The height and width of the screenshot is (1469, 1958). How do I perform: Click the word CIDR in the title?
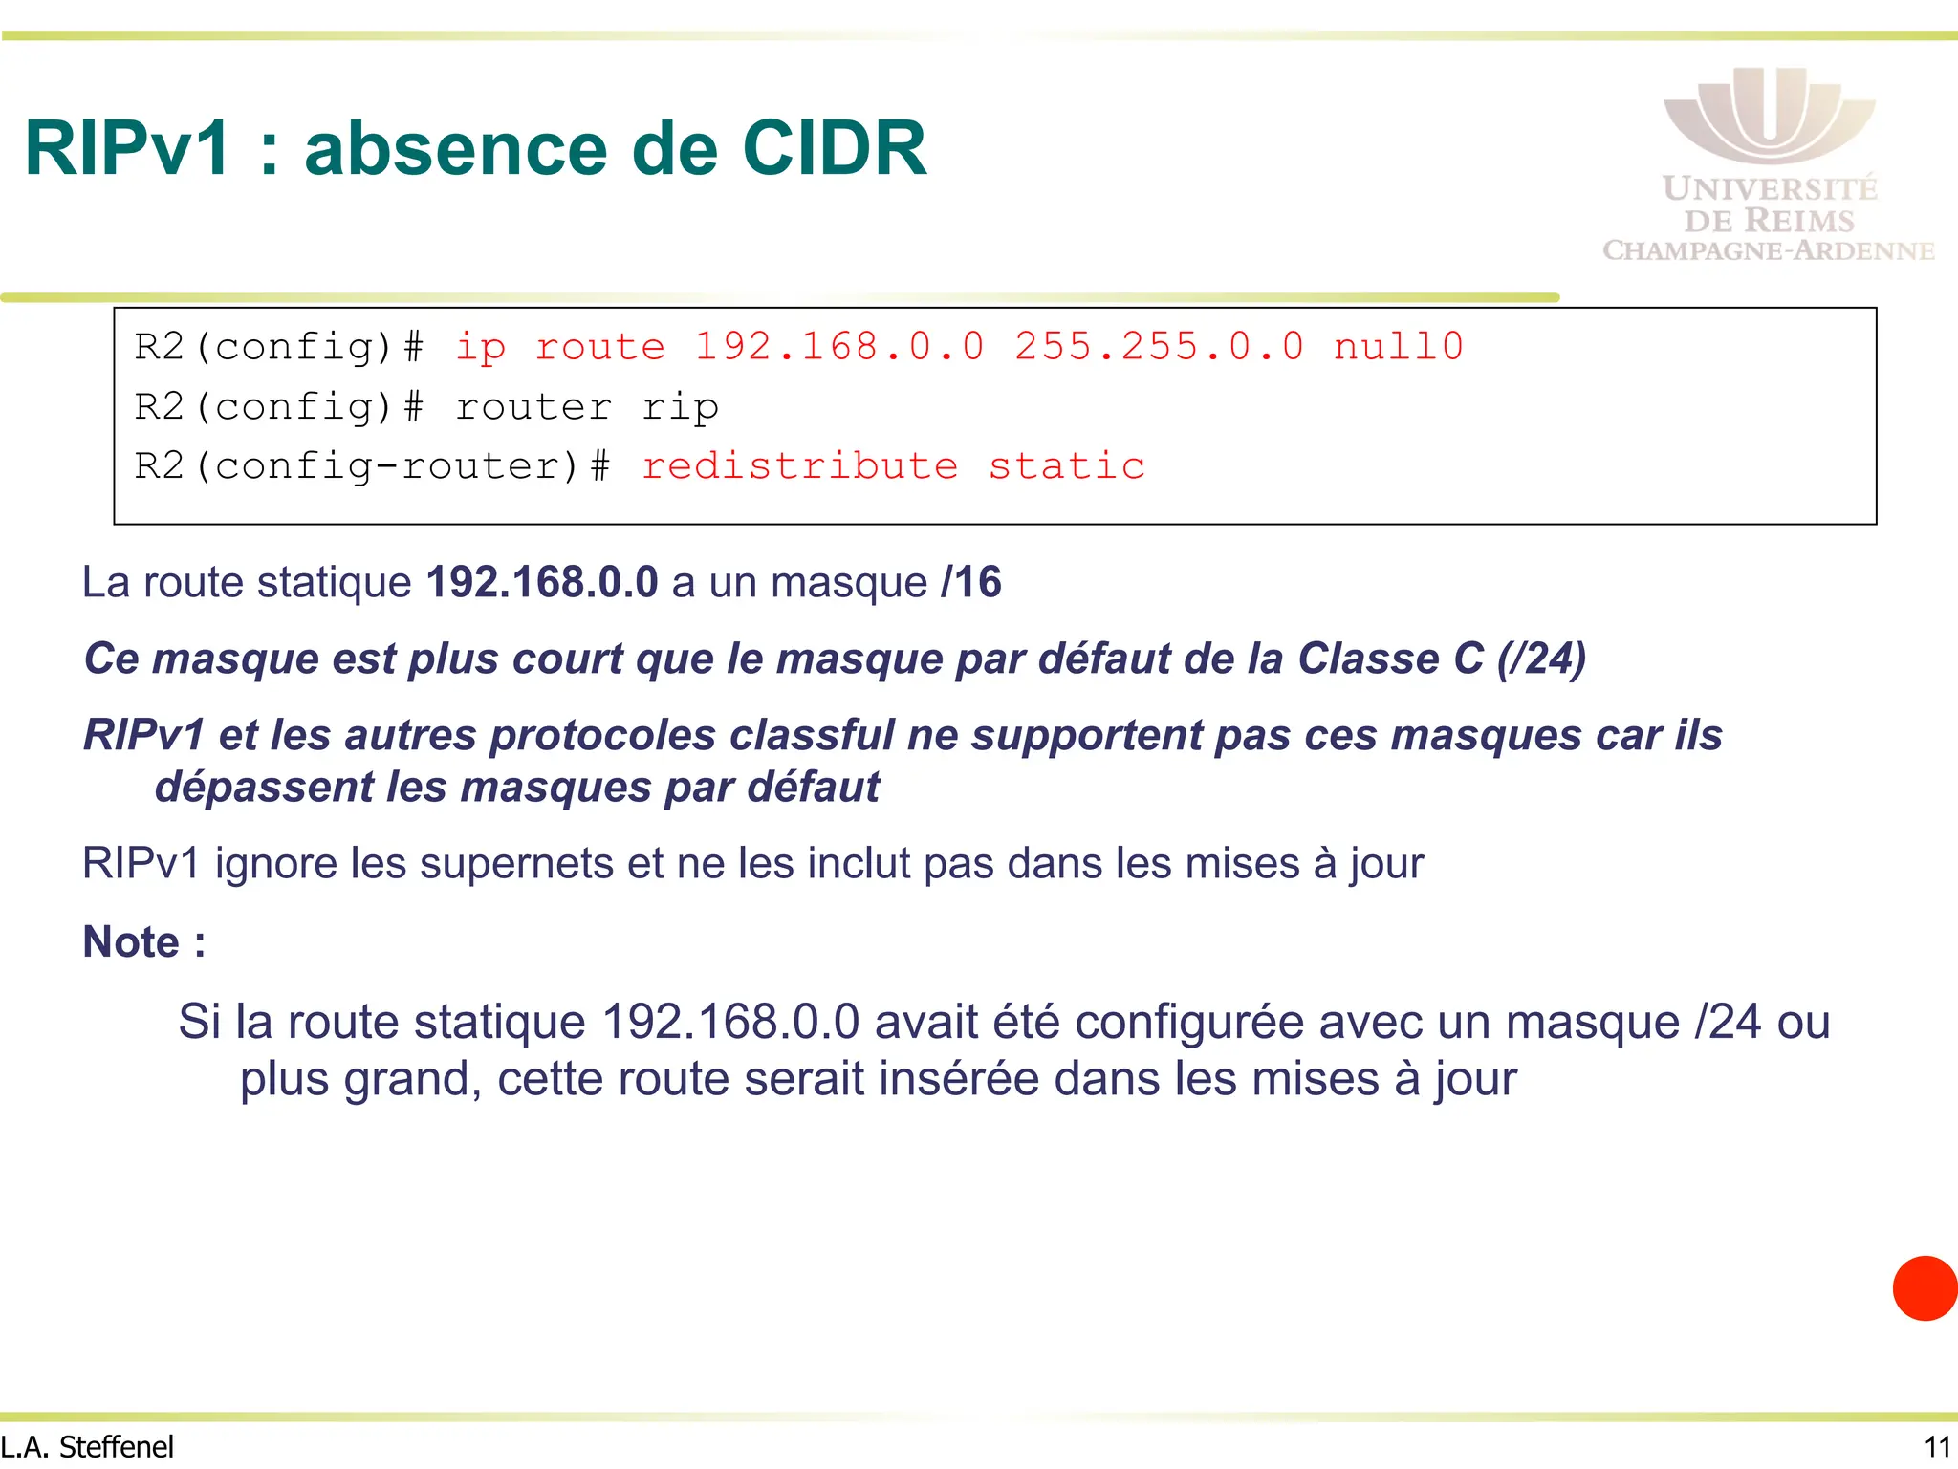(834, 149)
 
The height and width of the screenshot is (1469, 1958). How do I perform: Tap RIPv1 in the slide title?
(128, 149)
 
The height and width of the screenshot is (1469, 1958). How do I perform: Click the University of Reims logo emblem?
(1769, 115)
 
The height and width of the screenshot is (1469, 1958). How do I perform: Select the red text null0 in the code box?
(1398, 347)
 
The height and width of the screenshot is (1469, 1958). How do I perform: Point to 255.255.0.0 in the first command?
(1159, 347)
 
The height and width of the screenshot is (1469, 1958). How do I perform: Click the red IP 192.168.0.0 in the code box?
(838, 347)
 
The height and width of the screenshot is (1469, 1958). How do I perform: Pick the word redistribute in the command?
(799, 466)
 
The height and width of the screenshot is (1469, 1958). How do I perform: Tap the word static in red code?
(1066, 466)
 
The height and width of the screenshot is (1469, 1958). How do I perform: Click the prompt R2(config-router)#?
(372, 466)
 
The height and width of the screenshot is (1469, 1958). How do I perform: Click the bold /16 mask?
(971, 582)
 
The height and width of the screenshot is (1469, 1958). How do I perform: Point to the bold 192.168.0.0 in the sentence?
(542, 582)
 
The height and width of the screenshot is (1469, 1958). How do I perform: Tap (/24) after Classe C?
(1541, 659)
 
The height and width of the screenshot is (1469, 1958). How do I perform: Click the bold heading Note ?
(144, 941)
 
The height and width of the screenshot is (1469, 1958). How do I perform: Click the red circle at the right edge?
(1925, 1288)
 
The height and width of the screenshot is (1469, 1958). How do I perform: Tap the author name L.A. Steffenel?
(87, 1447)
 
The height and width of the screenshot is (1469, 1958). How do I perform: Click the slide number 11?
(1937, 1447)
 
